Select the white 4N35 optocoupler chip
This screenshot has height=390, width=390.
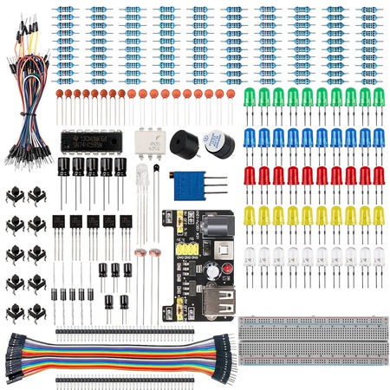point(149,140)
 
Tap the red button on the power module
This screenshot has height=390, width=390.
point(179,307)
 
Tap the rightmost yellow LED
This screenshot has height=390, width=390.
point(378,214)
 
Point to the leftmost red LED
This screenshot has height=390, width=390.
point(250,175)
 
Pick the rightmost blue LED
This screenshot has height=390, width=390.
point(378,136)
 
